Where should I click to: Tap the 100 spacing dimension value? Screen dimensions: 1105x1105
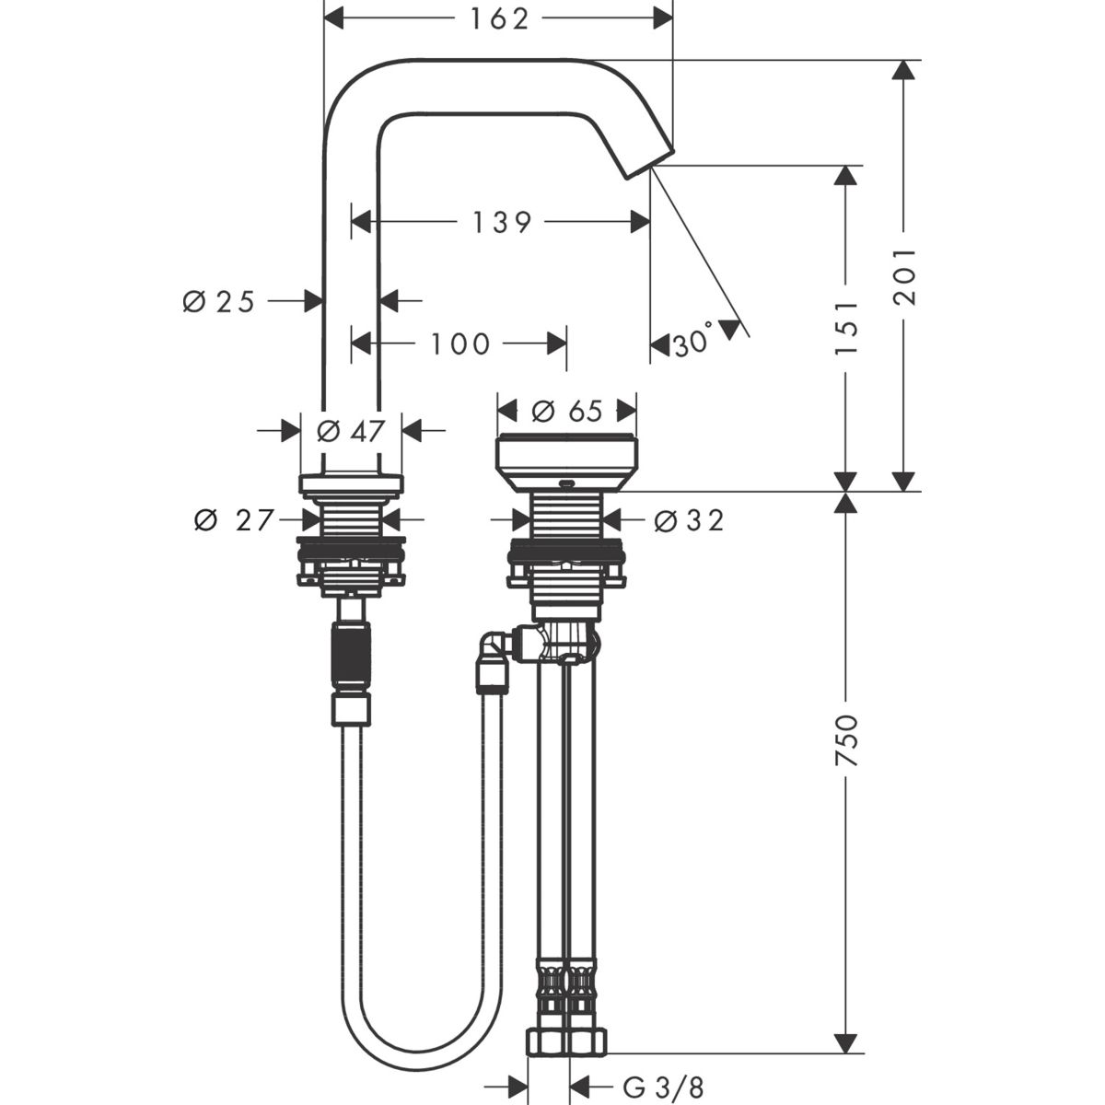click(x=459, y=344)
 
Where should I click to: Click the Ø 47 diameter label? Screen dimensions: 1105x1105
click(x=349, y=431)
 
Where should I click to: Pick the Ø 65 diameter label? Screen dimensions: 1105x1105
click(x=566, y=411)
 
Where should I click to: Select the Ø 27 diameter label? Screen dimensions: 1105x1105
click(x=234, y=521)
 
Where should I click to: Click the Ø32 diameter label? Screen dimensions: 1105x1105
click(x=689, y=521)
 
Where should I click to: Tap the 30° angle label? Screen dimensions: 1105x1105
click(x=692, y=343)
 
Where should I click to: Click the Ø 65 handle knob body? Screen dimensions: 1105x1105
click(x=566, y=460)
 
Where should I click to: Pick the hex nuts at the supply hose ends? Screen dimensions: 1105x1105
click(x=567, y=1042)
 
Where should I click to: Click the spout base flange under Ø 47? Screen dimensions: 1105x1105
click(x=350, y=483)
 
